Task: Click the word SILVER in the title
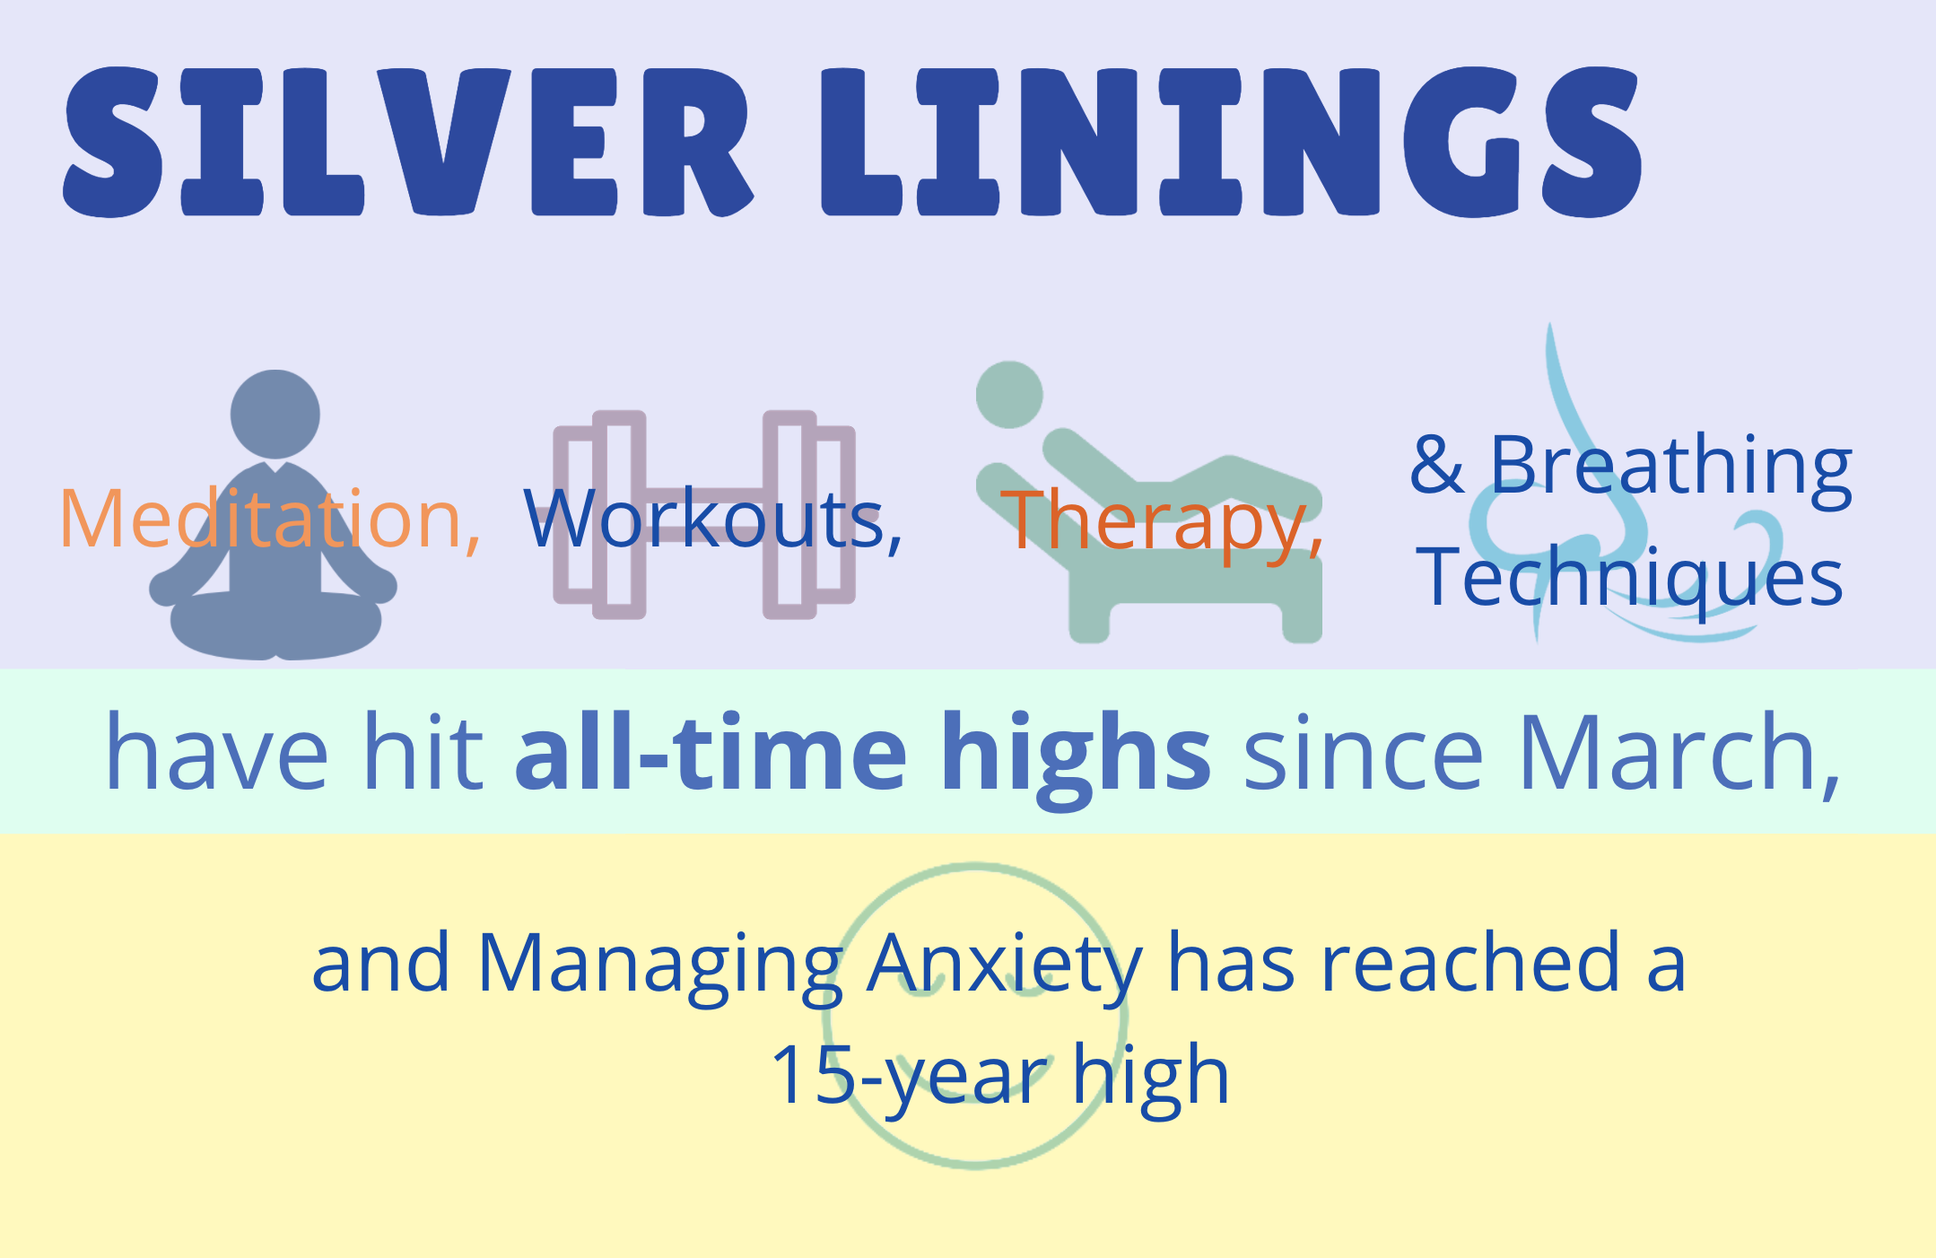point(408,142)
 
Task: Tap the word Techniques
point(1629,578)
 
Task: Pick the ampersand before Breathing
point(1437,465)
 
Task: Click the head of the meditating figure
point(275,415)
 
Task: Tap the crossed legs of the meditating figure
point(276,626)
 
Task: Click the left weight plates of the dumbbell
point(599,515)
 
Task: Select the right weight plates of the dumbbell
point(809,515)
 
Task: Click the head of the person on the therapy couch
point(1009,395)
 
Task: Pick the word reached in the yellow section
point(1471,962)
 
